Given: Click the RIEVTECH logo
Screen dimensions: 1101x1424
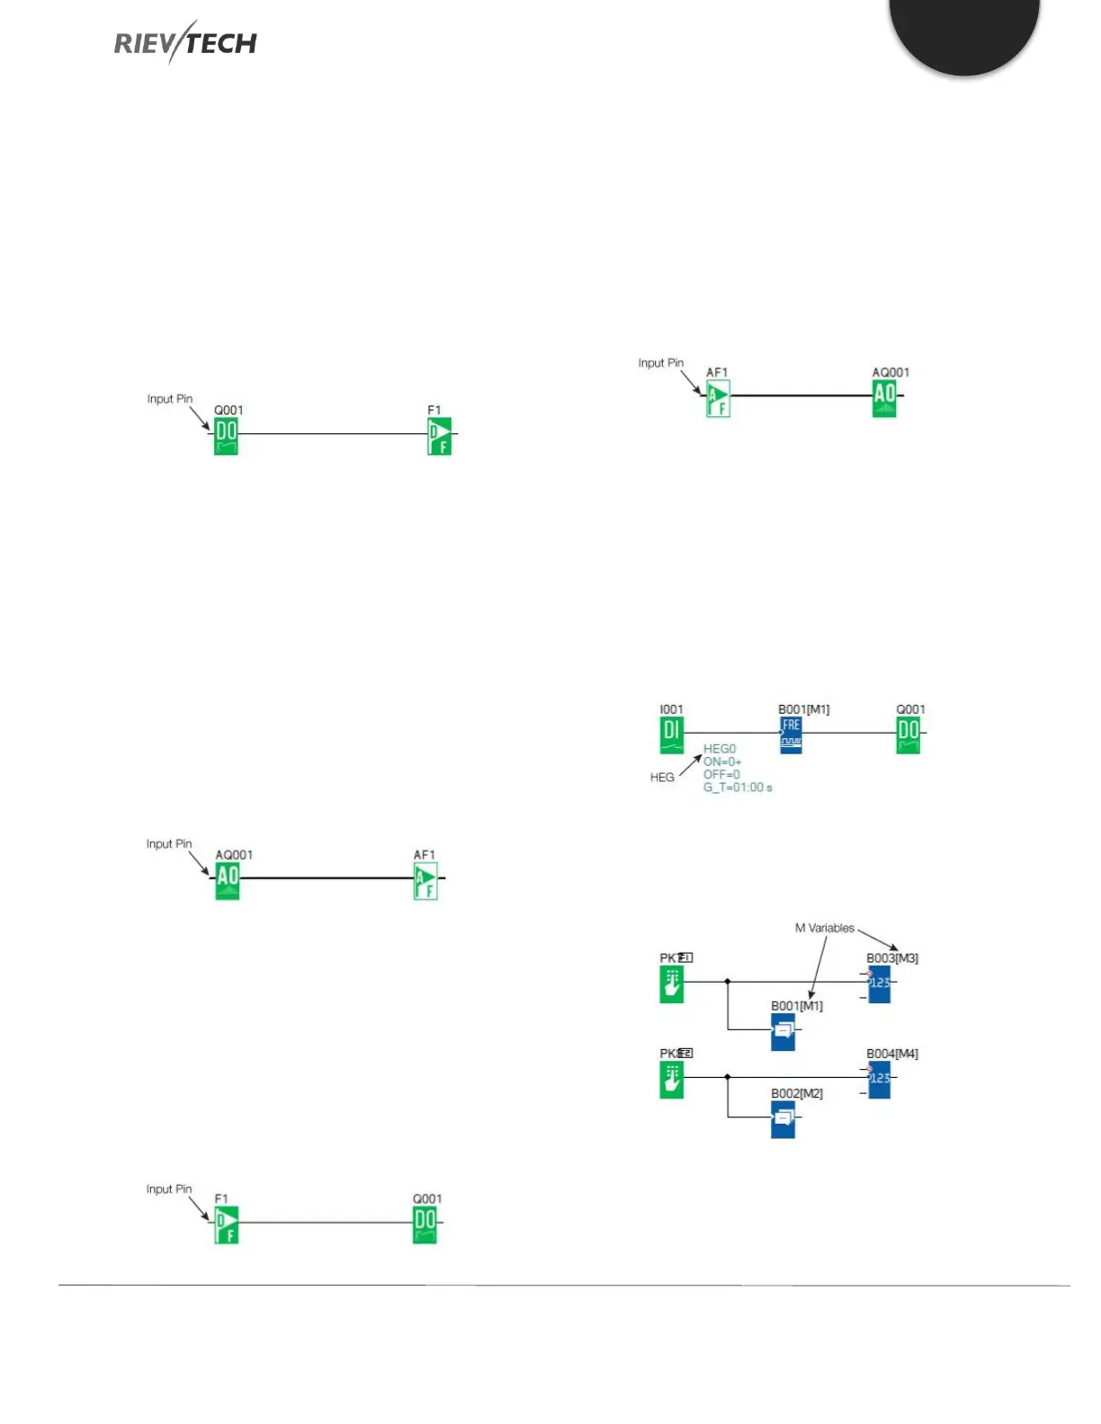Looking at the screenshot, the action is click(x=185, y=42).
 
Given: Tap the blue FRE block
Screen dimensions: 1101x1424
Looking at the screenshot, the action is click(x=791, y=734).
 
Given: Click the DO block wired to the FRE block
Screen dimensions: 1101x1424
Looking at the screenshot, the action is click(x=909, y=734).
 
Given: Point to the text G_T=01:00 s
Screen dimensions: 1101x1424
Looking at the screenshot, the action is click(x=738, y=788).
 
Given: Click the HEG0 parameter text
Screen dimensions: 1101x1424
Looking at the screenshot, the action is click(x=720, y=749).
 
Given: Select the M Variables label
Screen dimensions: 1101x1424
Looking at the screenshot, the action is click(x=824, y=928).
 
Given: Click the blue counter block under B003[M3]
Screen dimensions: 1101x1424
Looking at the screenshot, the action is click(x=879, y=984).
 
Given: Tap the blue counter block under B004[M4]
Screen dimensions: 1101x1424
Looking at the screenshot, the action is click(x=879, y=1079).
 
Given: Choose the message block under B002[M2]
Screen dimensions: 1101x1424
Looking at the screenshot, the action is click(x=783, y=1119).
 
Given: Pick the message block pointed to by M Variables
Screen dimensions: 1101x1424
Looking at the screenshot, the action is click(x=783, y=1031).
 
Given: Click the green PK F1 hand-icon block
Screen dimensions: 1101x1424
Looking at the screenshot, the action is click(x=671, y=984).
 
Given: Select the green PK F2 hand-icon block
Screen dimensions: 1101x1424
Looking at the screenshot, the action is click(x=671, y=1079).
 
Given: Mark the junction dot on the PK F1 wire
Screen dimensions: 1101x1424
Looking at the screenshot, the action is click(x=727, y=982).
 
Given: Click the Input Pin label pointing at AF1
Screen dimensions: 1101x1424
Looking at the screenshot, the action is click(x=660, y=363).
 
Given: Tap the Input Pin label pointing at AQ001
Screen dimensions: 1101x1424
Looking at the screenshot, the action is click(x=169, y=844).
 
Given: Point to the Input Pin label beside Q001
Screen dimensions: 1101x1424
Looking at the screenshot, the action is click(x=170, y=399).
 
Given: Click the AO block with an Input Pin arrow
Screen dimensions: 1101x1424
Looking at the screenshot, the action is click(x=228, y=880).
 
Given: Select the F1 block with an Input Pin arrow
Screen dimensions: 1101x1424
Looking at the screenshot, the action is click(x=226, y=1224).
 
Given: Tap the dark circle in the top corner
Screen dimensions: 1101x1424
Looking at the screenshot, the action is click(x=964, y=27).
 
